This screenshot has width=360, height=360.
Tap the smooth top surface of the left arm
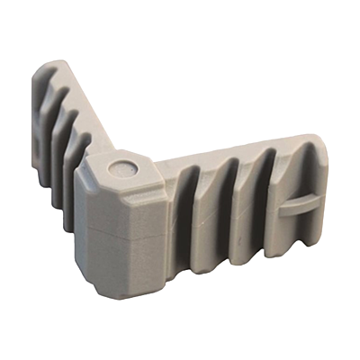(x=90, y=99)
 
